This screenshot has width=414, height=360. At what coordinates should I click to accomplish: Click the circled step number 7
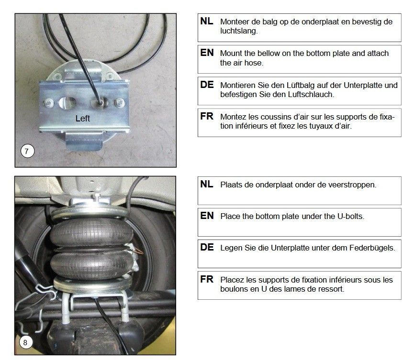point(27,151)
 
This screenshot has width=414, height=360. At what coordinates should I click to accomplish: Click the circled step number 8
point(25,342)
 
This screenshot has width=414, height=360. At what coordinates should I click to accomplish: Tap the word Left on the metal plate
point(83,119)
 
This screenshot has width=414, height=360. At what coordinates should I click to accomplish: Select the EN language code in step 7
point(207,53)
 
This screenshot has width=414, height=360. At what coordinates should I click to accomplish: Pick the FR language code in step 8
point(207,279)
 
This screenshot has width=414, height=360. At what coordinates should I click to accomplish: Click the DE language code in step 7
point(207,85)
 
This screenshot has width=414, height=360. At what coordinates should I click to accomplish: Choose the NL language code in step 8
point(207,184)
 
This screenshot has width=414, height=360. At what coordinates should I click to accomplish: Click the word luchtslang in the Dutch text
point(239,31)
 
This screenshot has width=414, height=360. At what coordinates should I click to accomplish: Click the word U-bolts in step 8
point(351,216)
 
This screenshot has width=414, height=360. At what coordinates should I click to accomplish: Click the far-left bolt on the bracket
point(49,103)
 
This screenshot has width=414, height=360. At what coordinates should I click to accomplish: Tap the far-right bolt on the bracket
point(120,102)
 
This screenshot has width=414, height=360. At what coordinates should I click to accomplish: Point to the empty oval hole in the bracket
point(67,102)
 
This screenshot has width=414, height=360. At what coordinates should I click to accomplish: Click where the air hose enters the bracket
point(101,102)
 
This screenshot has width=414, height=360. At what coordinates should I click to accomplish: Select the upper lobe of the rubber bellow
point(91,232)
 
